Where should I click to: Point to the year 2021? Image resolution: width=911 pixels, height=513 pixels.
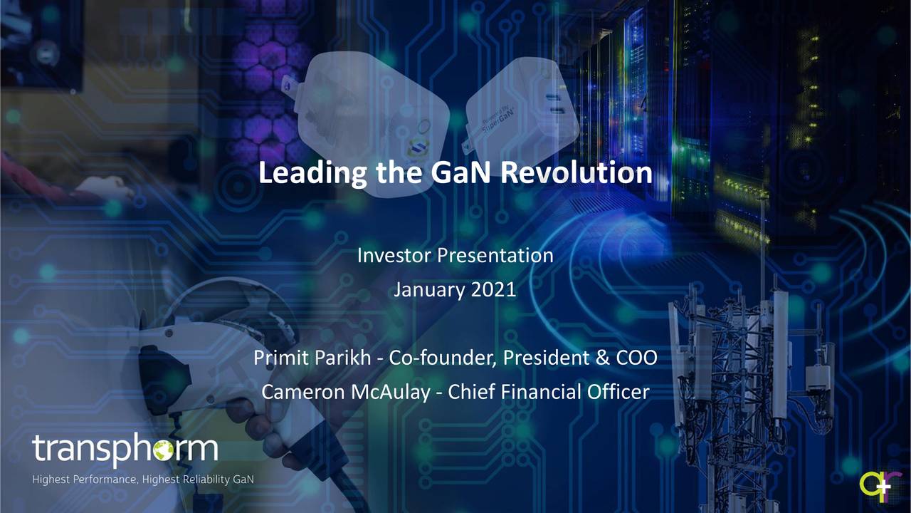coord(494,290)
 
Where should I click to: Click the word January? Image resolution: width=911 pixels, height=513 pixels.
coord(428,290)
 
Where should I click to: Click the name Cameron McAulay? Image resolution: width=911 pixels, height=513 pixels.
coord(344,392)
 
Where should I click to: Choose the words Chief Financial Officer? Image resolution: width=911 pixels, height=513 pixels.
coord(548,392)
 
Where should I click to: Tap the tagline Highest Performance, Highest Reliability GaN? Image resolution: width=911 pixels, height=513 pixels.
coord(142,480)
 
